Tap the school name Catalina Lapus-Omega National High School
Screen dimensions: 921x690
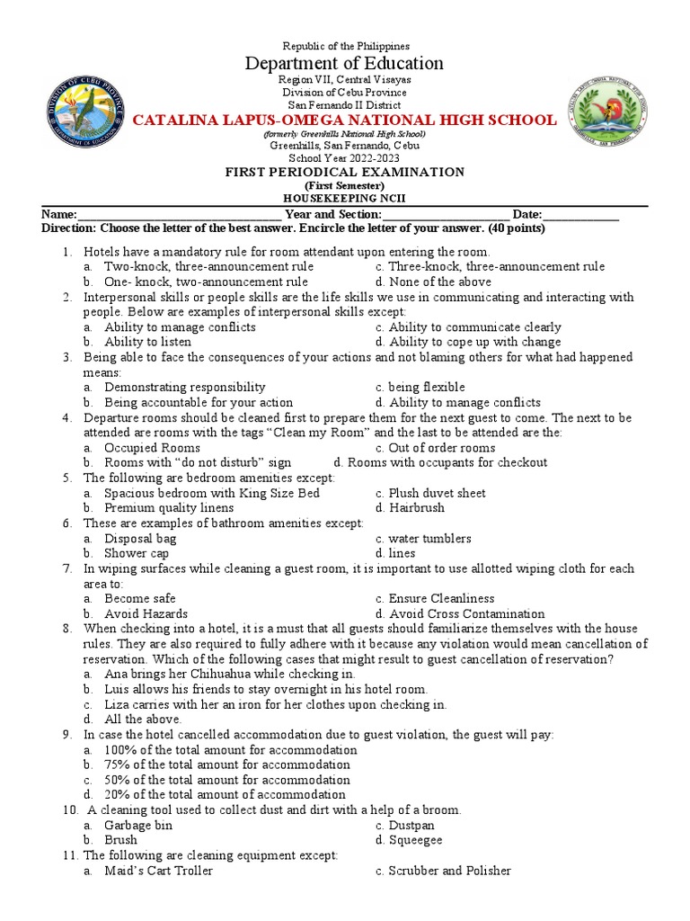point(345,121)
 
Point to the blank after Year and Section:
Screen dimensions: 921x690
point(447,216)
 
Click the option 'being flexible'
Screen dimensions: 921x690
point(427,387)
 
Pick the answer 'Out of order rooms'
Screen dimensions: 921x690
point(441,448)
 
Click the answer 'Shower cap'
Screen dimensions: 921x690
point(136,553)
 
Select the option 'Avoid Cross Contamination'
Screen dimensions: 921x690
point(466,613)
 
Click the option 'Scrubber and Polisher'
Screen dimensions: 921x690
point(449,871)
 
